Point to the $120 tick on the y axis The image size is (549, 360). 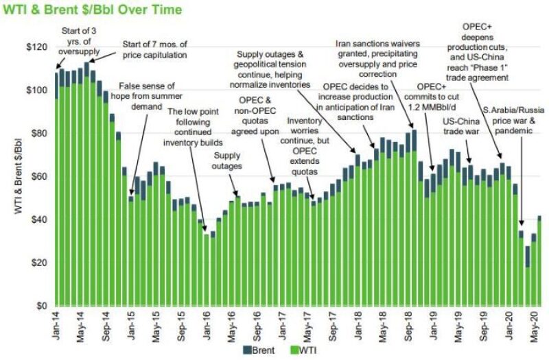coord(39,47)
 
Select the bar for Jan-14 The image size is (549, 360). coord(56,189)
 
